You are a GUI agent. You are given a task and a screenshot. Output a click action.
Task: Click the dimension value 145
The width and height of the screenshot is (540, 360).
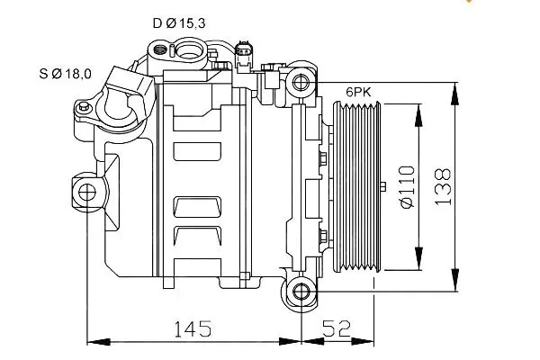(193, 328)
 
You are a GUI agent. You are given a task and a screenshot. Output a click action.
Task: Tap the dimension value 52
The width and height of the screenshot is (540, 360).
(337, 328)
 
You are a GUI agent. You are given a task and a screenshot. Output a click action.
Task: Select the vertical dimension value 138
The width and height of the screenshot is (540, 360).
(443, 186)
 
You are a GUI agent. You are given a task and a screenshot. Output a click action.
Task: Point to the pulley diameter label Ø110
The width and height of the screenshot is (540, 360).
(408, 187)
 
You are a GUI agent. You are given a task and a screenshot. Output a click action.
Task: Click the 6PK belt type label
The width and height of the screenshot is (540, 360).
(358, 93)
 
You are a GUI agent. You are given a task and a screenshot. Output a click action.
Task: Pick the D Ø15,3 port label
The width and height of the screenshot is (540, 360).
(179, 23)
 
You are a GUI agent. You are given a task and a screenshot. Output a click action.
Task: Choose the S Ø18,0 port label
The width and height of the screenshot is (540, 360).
(66, 74)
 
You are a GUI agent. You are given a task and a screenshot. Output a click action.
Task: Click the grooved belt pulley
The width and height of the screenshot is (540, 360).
(357, 187)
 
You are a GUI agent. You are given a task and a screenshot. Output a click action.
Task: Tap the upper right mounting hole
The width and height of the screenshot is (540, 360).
(301, 82)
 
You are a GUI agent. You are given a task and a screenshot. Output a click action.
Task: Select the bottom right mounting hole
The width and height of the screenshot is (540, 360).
(301, 292)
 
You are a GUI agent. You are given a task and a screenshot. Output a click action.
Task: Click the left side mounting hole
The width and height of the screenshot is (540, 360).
(86, 193)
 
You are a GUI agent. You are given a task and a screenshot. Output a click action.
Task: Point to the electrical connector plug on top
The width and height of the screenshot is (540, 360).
(244, 54)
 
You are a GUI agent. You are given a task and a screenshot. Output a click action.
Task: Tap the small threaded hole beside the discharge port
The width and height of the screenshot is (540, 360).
(159, 49)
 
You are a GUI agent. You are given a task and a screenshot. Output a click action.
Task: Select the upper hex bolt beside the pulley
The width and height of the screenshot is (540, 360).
(323, 158)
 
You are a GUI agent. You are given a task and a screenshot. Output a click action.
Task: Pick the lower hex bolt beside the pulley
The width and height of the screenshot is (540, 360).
(323, 236)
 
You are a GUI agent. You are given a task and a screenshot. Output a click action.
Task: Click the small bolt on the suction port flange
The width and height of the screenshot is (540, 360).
(84, 106)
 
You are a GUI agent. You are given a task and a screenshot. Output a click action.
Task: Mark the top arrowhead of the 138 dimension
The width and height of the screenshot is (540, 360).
(455, 93)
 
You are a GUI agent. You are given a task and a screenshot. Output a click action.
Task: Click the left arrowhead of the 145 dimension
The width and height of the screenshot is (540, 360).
(99, 342)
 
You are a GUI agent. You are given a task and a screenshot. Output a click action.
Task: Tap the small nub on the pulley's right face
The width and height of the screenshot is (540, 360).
(383, 186)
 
